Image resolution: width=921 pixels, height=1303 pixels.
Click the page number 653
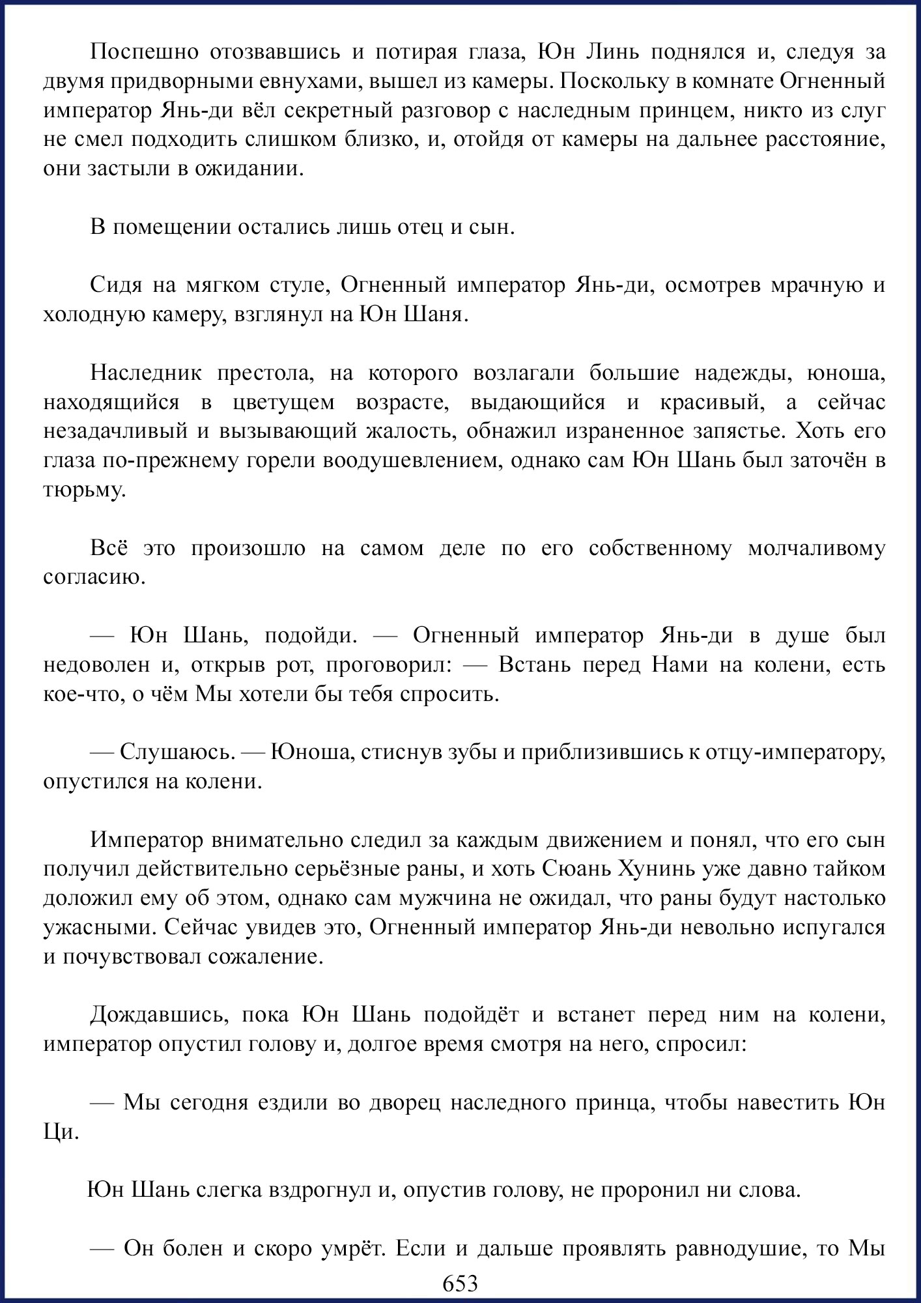pos(460,1283)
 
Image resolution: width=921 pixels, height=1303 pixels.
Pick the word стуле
pos(297,285)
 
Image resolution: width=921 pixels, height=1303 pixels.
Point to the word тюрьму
pos(84,490)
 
